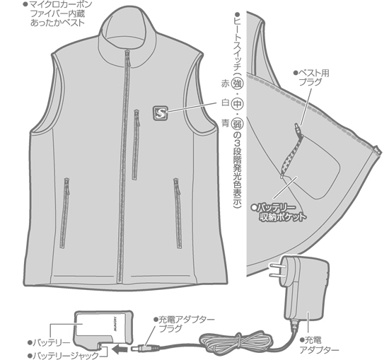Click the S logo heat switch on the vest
click(x=161, y=113)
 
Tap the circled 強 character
click(x=237, y=84)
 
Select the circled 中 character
click(x=237, y=104)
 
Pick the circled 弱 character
click(x=237, y=123)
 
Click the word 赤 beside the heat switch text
click(x=225, y=84)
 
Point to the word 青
click(x=225, y=123)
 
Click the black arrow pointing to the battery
click(x=120, y=349)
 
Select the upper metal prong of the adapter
click(x=275, y=266)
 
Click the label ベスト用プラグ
click(x=312, y=77)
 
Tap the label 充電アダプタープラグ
click(x=184, y=324)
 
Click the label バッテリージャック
click(x=64, y=356)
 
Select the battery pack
click(x=103, y=328)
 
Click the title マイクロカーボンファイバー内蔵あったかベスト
click(x=57, y=13)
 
